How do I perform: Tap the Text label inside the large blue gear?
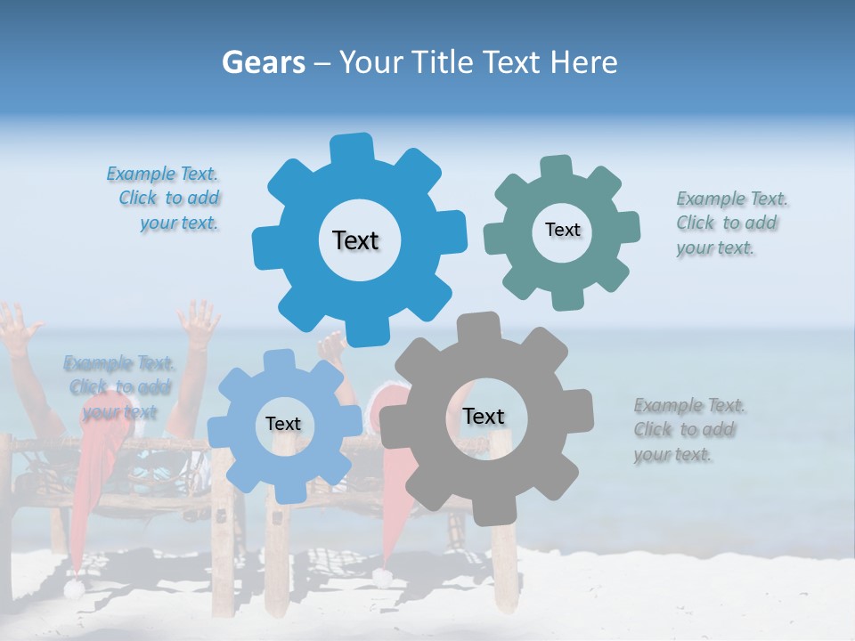click(355, 240)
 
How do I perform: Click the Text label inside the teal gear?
click(562, 230)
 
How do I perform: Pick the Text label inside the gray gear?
click(484, 416)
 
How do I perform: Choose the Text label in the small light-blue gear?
click(283, 424)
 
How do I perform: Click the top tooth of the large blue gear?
click(352, 148)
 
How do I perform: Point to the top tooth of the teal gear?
click(555, 166)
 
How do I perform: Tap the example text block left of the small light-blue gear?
click(118, 387)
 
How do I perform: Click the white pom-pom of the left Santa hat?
click(73, 588)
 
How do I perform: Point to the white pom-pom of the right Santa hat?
click(382, 578)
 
